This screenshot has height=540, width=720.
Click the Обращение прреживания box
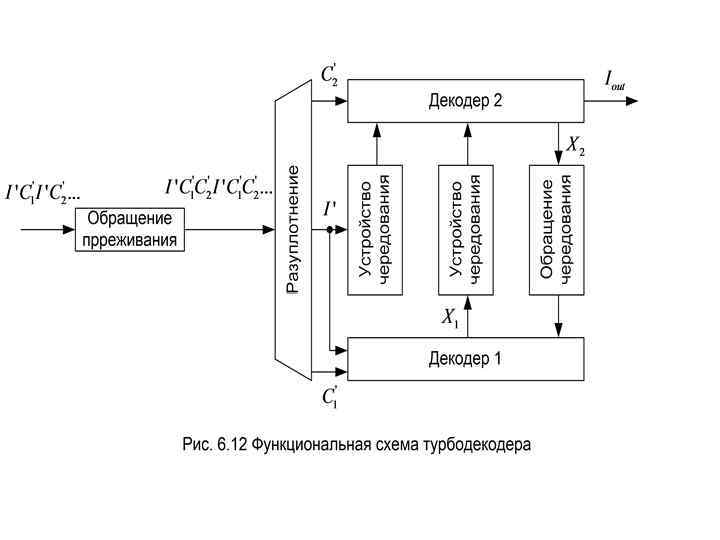pos(130,229)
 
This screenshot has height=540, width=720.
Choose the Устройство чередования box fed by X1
pos(465,229)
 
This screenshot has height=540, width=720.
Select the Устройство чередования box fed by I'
pos(375,229)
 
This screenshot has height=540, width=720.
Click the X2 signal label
pos(575,147)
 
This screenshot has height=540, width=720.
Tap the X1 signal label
pos(450,318)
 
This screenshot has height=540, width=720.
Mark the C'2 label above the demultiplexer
pos(329,75)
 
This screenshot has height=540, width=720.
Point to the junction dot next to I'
pos(329,229)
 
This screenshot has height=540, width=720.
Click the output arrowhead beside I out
pos(645,100)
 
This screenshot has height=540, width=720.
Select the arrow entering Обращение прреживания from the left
pos(50,229)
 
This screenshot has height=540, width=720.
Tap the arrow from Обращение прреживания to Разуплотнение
pos(230,229)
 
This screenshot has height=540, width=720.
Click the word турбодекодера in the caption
pos(477,444)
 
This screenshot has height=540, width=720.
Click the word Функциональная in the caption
pos(308,444)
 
